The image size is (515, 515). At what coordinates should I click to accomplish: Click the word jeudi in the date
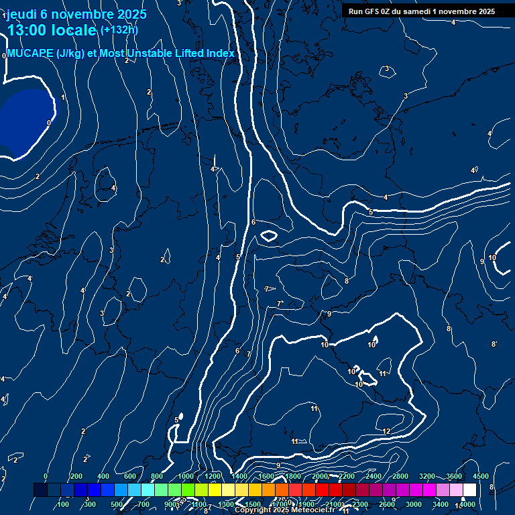point(21,14)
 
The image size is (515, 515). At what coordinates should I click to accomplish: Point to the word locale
point(76,30)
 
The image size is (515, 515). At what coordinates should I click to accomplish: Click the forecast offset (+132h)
point(119,30)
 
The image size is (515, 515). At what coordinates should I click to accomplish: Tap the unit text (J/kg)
point(70,54)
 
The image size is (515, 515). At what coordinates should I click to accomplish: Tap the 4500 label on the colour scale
point(480,476)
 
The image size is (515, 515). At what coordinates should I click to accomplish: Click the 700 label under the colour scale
point(144,504)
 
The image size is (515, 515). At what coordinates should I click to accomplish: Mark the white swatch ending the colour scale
point(469,490)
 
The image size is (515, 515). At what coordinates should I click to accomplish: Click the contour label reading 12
point(386,431)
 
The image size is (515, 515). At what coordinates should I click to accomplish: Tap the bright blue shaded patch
point(25,121)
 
